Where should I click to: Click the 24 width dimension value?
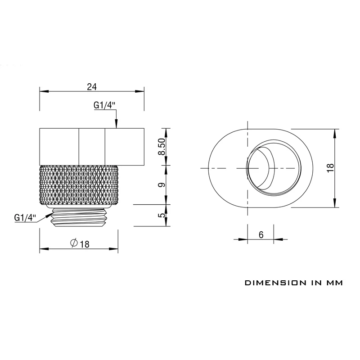click(92, 87)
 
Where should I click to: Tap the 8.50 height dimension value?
click(162, 147)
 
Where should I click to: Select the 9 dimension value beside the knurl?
click(162, 184)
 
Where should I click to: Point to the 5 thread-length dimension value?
click(162, 215)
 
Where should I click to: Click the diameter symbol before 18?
click(74, 243)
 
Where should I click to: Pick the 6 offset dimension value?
click(261, 234)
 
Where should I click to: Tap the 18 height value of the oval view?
click(331, 168)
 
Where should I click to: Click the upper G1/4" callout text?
click(104, 105)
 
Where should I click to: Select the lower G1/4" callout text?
click(25, 217)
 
